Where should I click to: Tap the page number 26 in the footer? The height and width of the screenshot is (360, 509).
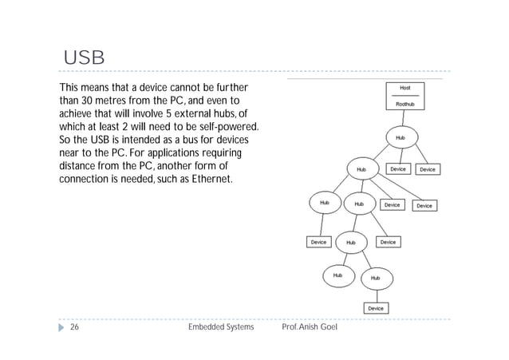(x=74, y=328)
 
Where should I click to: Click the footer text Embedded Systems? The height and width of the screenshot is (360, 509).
(x=220, y=328)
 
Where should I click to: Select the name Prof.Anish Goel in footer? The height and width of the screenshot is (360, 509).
(x=311, y=328)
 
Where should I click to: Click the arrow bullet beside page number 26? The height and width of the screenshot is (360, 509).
(x=59, y=328)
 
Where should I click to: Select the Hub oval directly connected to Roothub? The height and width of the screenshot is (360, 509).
(x=400, y=138)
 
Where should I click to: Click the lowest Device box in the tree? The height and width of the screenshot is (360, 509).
(x=375, y=308)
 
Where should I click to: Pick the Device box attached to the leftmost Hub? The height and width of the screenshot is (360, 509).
(x=318, y=241)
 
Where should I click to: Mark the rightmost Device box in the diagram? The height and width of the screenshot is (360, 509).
(x=428, y=169)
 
